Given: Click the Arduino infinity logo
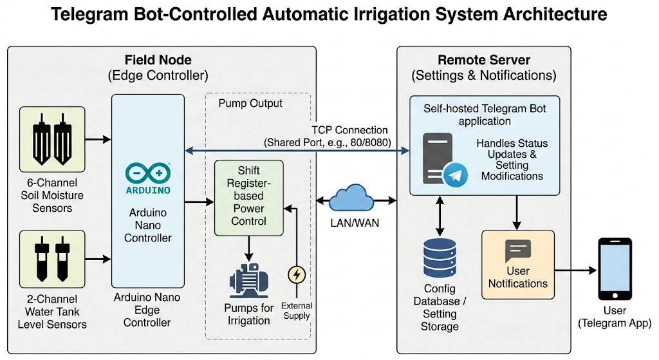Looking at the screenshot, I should (x=148, y=173).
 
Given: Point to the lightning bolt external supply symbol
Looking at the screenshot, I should (x=296, y=275).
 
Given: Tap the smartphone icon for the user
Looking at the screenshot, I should (x=615, y=269).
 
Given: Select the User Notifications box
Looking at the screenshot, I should (x=517, y=264).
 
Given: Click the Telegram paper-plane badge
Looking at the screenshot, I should (x=457, y=175).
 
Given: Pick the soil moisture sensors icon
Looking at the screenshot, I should (x=52, y=138).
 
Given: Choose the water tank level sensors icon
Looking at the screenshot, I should (x=52, y=259).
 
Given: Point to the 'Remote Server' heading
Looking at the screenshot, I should (x=483, y=60).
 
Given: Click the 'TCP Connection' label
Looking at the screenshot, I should (x=349, y=130).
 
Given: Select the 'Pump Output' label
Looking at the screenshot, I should (x=250, y=103).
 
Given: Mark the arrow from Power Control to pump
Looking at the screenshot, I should (x=248, y=248).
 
